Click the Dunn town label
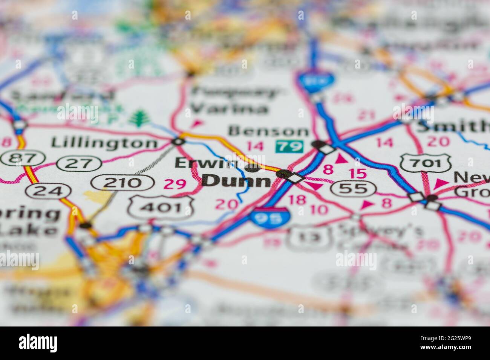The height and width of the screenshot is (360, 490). click(x=236, y=181)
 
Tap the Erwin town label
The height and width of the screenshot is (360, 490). click(x=207, y=163)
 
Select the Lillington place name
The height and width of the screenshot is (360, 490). click(x=104, y=143)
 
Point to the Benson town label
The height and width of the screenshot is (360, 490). click(x=268, y=131)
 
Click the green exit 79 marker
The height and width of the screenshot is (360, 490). click(x=289, y=146)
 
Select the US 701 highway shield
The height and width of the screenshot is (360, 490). click(x=421, y=163)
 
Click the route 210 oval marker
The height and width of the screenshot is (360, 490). click(x=122, y=183)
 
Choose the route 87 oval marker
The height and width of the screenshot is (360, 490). click(x=17, y=159)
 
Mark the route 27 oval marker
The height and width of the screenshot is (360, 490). click(x=79, y=163)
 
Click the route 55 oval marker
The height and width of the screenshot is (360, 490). click(x=353, y=188)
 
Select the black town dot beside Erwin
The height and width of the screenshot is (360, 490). click(x=252, y=167)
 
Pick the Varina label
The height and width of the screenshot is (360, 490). click(x=229, y=109)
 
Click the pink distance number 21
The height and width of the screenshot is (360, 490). click(x=367, y=114)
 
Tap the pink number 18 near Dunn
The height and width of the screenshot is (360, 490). click(x=297, y=200)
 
